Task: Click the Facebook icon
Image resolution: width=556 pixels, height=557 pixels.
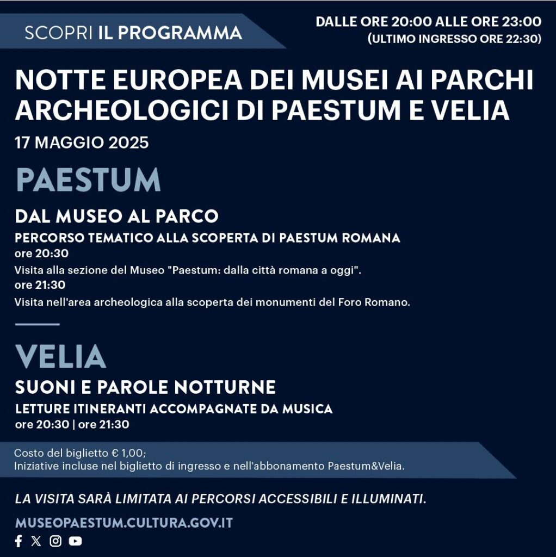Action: [x=18, y=541]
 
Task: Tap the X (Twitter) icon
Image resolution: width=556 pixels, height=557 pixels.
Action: [x=36, y=541]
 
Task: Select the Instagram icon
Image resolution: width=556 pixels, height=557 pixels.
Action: [x=55, y=541]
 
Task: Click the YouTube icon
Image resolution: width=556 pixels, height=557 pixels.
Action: [x=75, y=541]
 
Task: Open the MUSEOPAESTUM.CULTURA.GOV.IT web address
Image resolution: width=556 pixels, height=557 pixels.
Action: [x=124, y=523]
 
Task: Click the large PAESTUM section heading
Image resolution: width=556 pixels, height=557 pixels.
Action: [x=88, y=181]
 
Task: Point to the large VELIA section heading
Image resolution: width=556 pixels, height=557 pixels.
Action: [x=60, y=357]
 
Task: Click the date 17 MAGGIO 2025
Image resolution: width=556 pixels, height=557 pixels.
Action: [x=82, y=143]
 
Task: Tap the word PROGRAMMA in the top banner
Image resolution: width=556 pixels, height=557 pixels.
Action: [x=180, y=33]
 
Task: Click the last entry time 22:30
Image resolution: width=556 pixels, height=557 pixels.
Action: [x=523, y=39]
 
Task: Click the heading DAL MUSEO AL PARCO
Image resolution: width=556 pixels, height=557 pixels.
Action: [x=116, y=216]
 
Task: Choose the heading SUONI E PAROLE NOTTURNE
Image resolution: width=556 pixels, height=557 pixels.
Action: [x=145, y=387]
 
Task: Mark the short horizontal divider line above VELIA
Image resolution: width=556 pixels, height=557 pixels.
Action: [x=37, y=324]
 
